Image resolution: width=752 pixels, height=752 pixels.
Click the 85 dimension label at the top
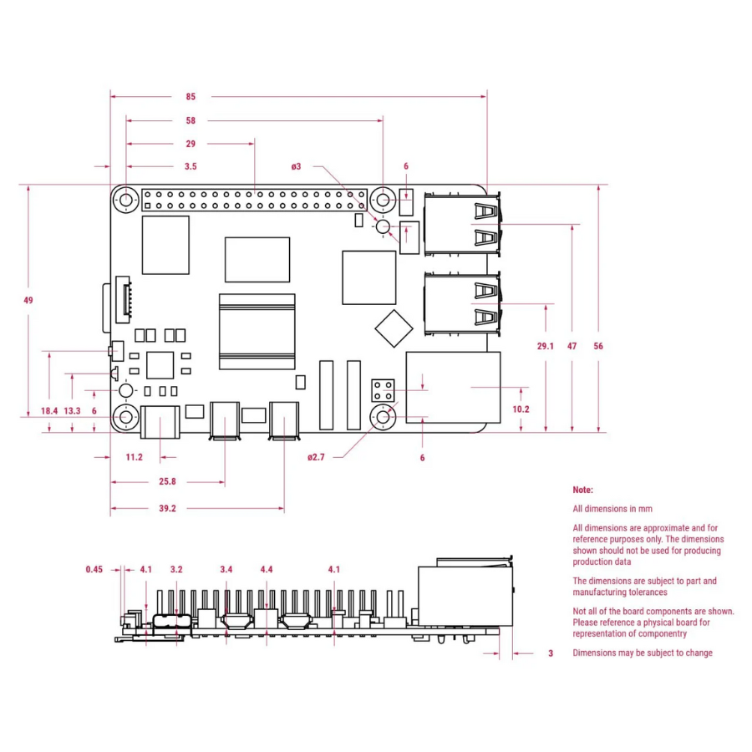coord(191,97)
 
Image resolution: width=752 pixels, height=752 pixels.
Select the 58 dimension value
coord(191,120)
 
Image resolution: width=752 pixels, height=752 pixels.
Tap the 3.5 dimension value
coord(191,166)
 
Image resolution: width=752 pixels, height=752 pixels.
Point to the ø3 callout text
coord(296,166)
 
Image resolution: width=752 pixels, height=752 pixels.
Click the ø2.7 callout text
coord(315,457)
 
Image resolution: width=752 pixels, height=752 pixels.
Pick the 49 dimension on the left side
coord(28,300)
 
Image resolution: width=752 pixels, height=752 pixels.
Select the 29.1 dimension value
coord(545,345)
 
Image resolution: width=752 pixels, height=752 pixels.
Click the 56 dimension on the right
coord(597,345)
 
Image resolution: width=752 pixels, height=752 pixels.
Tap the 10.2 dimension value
coord(521,409)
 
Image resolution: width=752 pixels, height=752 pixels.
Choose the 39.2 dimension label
coord(168,508)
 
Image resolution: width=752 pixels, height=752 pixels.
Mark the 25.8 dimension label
coord(168,481)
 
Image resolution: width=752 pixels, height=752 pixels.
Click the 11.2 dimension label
coord(134,457)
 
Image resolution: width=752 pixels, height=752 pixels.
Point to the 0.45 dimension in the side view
coord(94,570)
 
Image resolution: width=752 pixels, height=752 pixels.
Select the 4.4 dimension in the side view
coord(267,570)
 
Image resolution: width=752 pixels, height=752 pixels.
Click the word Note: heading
coord(582,490)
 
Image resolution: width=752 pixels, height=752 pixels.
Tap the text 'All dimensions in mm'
coord(612,508)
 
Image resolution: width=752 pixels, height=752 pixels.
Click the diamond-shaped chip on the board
coord(394,328)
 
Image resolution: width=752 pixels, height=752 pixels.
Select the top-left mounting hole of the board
coord(127,201)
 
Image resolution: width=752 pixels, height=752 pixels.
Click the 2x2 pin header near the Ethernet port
coord(384,389)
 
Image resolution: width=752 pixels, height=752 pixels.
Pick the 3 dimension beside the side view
coord(551,653)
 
